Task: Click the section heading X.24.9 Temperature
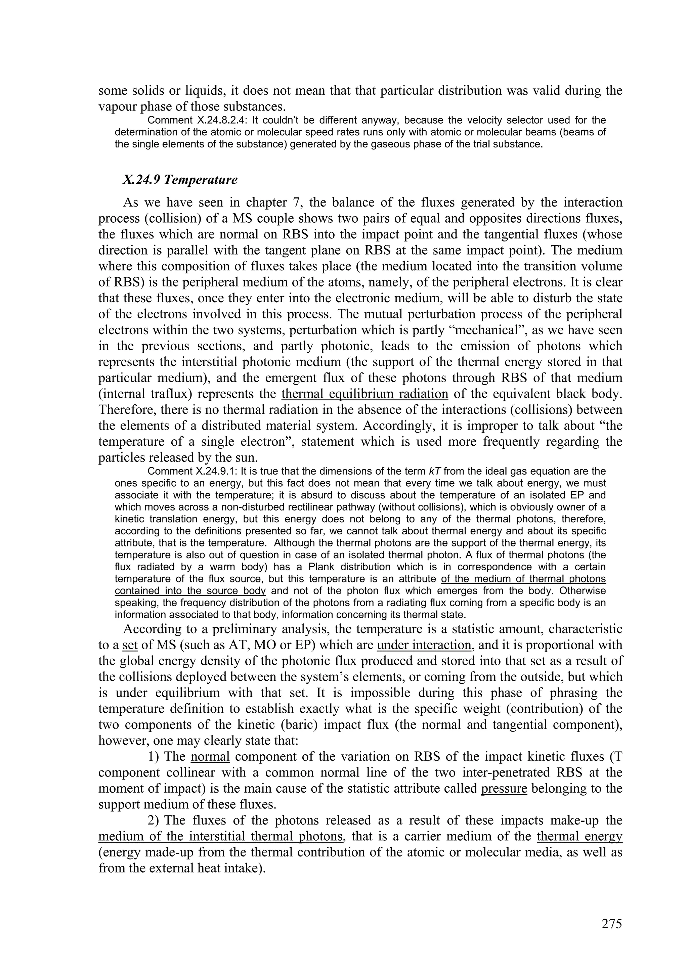pyautogui.click(x=180, y=180)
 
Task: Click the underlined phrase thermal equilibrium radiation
pyautogui.click(x=364, y=394)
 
